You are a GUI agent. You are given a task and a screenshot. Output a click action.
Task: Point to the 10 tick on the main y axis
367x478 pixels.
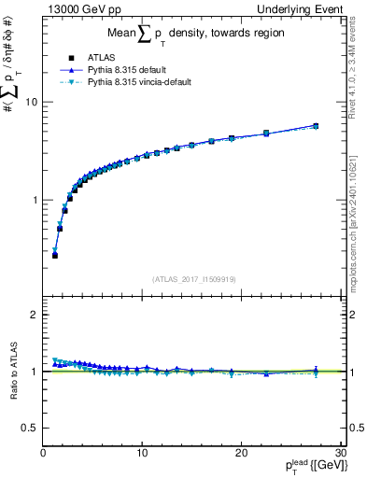click(30, 102)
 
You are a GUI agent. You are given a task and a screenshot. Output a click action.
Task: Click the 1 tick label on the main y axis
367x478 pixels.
click(34, 200)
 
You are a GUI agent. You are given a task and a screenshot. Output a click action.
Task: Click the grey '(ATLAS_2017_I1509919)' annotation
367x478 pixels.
click(191, 278)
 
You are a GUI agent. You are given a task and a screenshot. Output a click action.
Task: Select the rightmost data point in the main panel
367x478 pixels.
click(316, 125)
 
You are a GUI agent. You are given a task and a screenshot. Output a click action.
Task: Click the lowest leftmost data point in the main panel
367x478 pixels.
click(55, 255)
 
